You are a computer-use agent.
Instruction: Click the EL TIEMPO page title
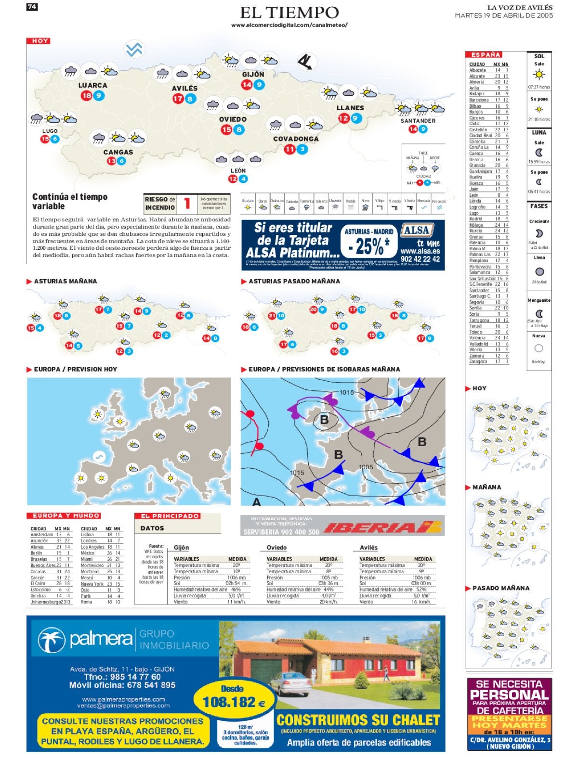[x=289, y=12]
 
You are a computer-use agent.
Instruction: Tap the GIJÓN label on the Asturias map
[x=253, y=75]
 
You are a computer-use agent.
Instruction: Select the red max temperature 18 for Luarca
[x=86, y=96]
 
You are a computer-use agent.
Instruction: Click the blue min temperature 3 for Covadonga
[x=302, y=149]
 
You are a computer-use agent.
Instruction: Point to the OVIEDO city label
[x=233, y=119]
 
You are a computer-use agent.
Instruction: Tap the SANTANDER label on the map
[x=418, y=121]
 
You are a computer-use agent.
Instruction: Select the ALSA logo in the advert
[x=417, y=230]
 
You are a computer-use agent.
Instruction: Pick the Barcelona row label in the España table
[x=479, y=100]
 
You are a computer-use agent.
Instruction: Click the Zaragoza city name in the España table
[x=478, y=361]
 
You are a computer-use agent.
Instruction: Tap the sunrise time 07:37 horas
[x=539, y=87]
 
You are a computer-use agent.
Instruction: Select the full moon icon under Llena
[x=539, y=272]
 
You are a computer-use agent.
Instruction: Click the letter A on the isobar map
[x=257, y=502]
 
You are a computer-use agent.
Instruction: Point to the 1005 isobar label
[x=366, y=467]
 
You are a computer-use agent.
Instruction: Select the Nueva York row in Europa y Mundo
[x=92, y=584]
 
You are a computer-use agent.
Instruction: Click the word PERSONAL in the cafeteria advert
[x=509, y=695]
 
